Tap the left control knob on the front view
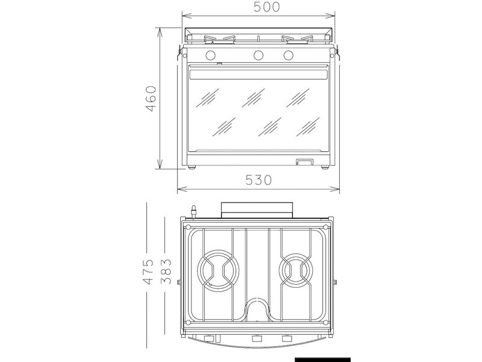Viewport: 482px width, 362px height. pos(211,56)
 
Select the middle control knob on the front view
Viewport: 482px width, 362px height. pos(259,56)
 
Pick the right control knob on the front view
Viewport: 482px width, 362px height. pos(289,56)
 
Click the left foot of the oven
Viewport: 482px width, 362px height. pos(192,167)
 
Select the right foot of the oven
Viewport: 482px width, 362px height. pos(325,167)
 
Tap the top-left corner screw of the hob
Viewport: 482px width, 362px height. pos(192,227)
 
